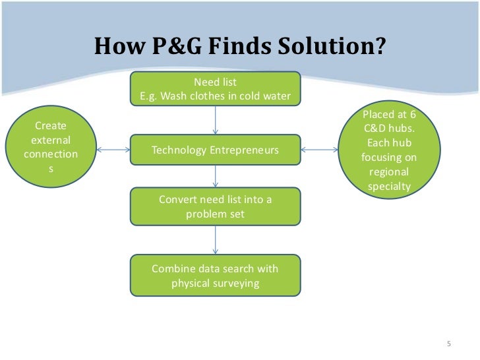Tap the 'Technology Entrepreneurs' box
point(215,150)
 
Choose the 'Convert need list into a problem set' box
point(215,207)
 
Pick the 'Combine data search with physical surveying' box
point(215,276)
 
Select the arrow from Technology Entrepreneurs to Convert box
point(216,177)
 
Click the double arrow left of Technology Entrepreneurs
point(113,150)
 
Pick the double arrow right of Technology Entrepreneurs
point(319,150)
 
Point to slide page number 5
point(448,344)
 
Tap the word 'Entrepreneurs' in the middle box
point(244,150)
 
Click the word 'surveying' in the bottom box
point(237,284)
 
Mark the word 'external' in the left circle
point(51,140)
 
